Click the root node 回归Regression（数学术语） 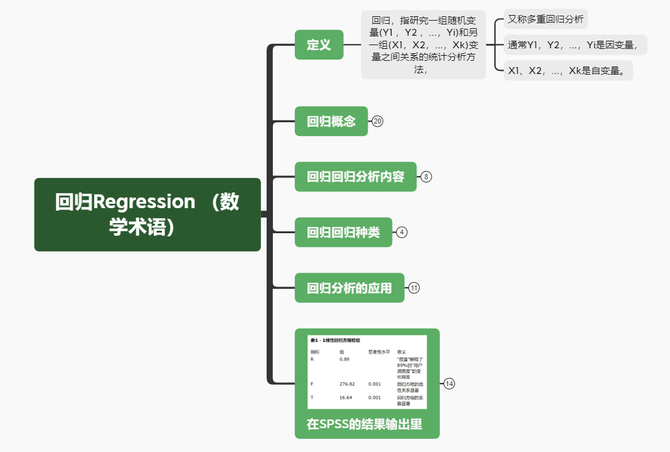click(147, 214)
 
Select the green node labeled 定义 click(319, 45)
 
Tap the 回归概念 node click(331, 121)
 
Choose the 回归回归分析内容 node click(356, 177)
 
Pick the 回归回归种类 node click(343, 232)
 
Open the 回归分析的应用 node click(349, 288)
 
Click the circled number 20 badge click(377, 122)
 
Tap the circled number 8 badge click(427, 177)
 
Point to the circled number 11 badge click(414, 288)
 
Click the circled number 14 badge click(449, 384)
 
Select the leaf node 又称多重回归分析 click(545, 19)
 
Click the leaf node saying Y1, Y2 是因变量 click(575, 45)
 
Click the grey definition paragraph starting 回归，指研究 click(423, 45)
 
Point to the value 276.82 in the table click(347, 384)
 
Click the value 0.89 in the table click(344, 359)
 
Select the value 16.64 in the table click(346, 397)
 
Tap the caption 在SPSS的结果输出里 click(364, 424)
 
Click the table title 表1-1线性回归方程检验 click(335, 340)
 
